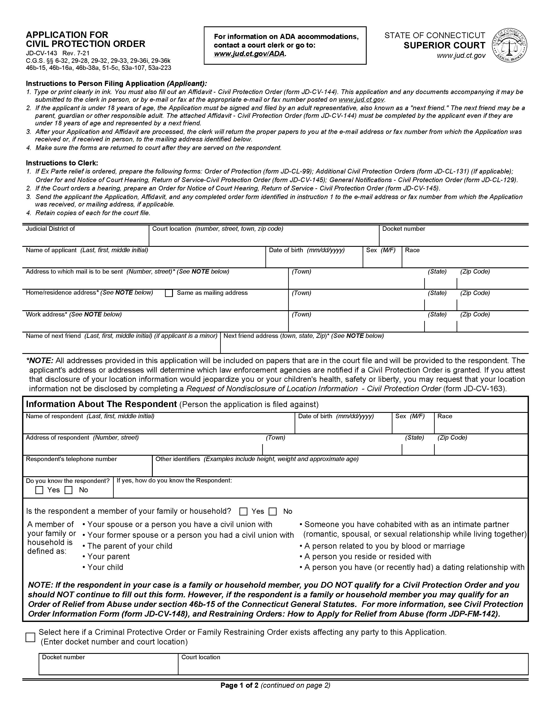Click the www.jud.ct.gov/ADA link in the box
[x=250, y=54]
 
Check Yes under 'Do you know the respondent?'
[x=39, y=490]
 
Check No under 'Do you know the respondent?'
[x=68, y=490]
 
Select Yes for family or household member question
[x=243, y=511]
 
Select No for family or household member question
[x=273, y=511]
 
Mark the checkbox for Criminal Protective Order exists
[x=30, y=637]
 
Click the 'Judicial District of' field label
[x=50, y=229]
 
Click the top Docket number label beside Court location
[x=404, y=229]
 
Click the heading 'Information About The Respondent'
[x=101, y=404]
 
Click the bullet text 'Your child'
[x=105, y=567]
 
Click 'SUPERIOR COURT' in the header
[x=444, y=45]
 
